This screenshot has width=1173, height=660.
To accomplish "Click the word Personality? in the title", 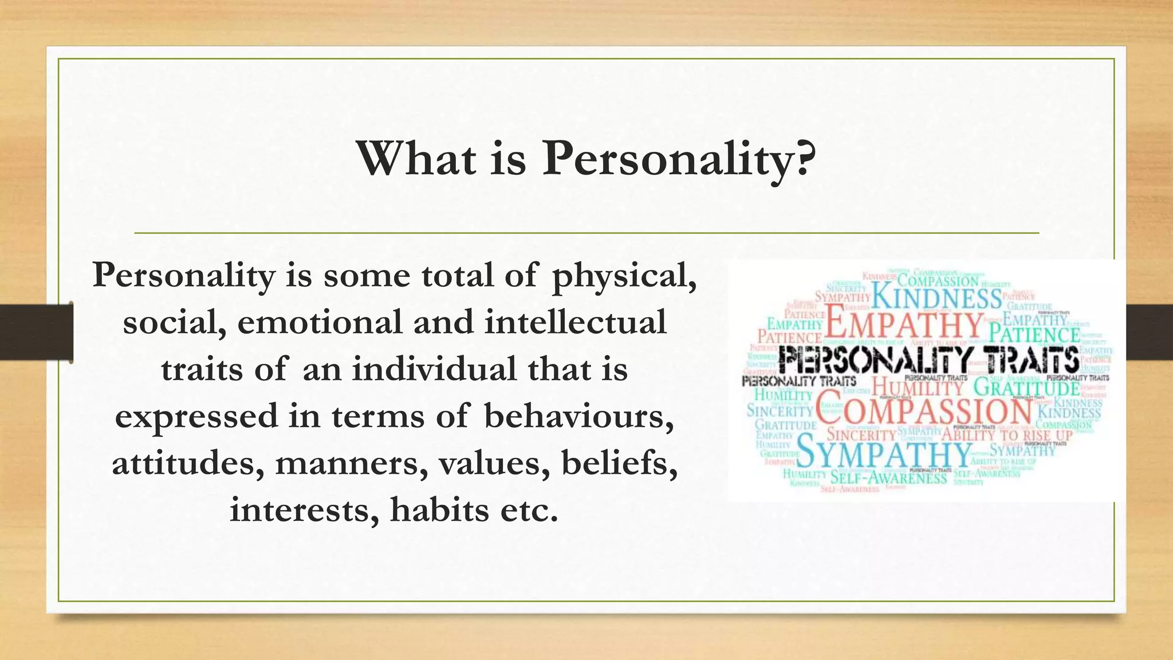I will click(x=679, y=159).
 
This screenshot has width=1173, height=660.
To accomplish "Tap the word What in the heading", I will click(x=416, y=159).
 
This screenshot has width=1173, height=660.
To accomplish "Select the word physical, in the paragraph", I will click(x=624, y=276).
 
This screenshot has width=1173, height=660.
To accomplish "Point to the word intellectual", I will click(x=575, y=323).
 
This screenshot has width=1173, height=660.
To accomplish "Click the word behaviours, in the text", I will click(x=578, y=417).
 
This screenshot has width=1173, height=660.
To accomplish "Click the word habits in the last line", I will click(x=439, y=510).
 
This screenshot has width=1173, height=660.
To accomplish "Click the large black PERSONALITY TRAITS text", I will click(x=928, y=361).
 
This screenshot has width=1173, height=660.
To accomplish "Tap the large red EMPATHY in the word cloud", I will click(x=904, y=325).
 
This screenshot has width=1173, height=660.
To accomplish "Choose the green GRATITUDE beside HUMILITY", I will click(x=1026, y=388).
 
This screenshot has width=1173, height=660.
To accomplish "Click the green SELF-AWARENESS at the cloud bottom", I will click(x=888, y=477).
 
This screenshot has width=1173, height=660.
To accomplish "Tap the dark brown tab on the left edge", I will click(x=36, y=332).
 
